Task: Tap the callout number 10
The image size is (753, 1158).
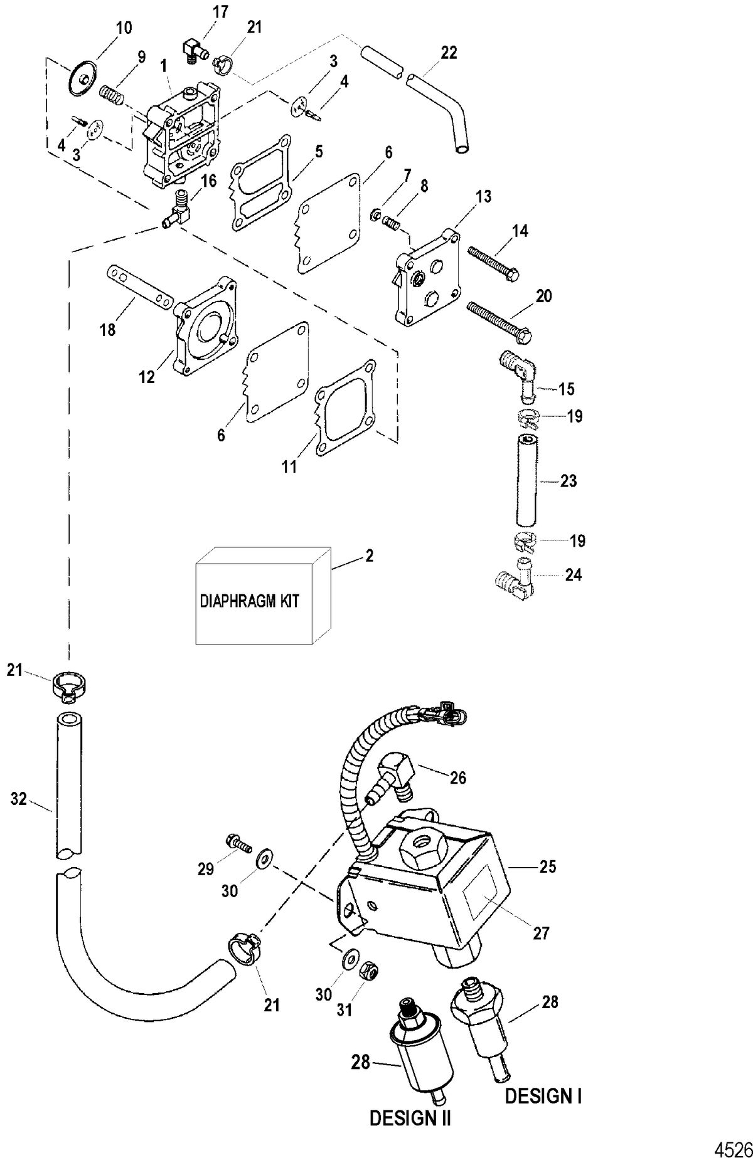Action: (124, 27)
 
